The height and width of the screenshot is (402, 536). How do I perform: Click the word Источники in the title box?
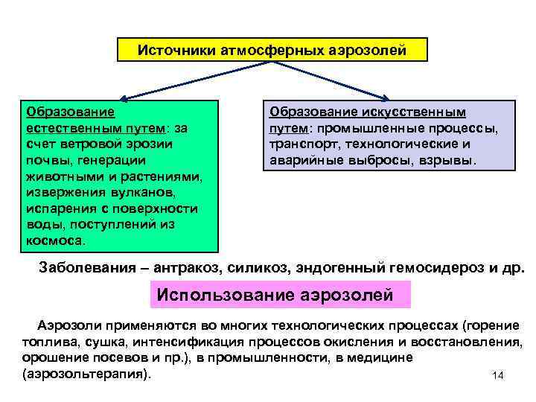coord(177,51)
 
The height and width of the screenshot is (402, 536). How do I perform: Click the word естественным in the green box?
coord(63,128)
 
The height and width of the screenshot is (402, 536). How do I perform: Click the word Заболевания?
coord(84,269)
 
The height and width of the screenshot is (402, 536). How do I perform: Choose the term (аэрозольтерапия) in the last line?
coord(86,373)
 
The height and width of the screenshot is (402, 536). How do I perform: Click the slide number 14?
coord(498,375)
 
